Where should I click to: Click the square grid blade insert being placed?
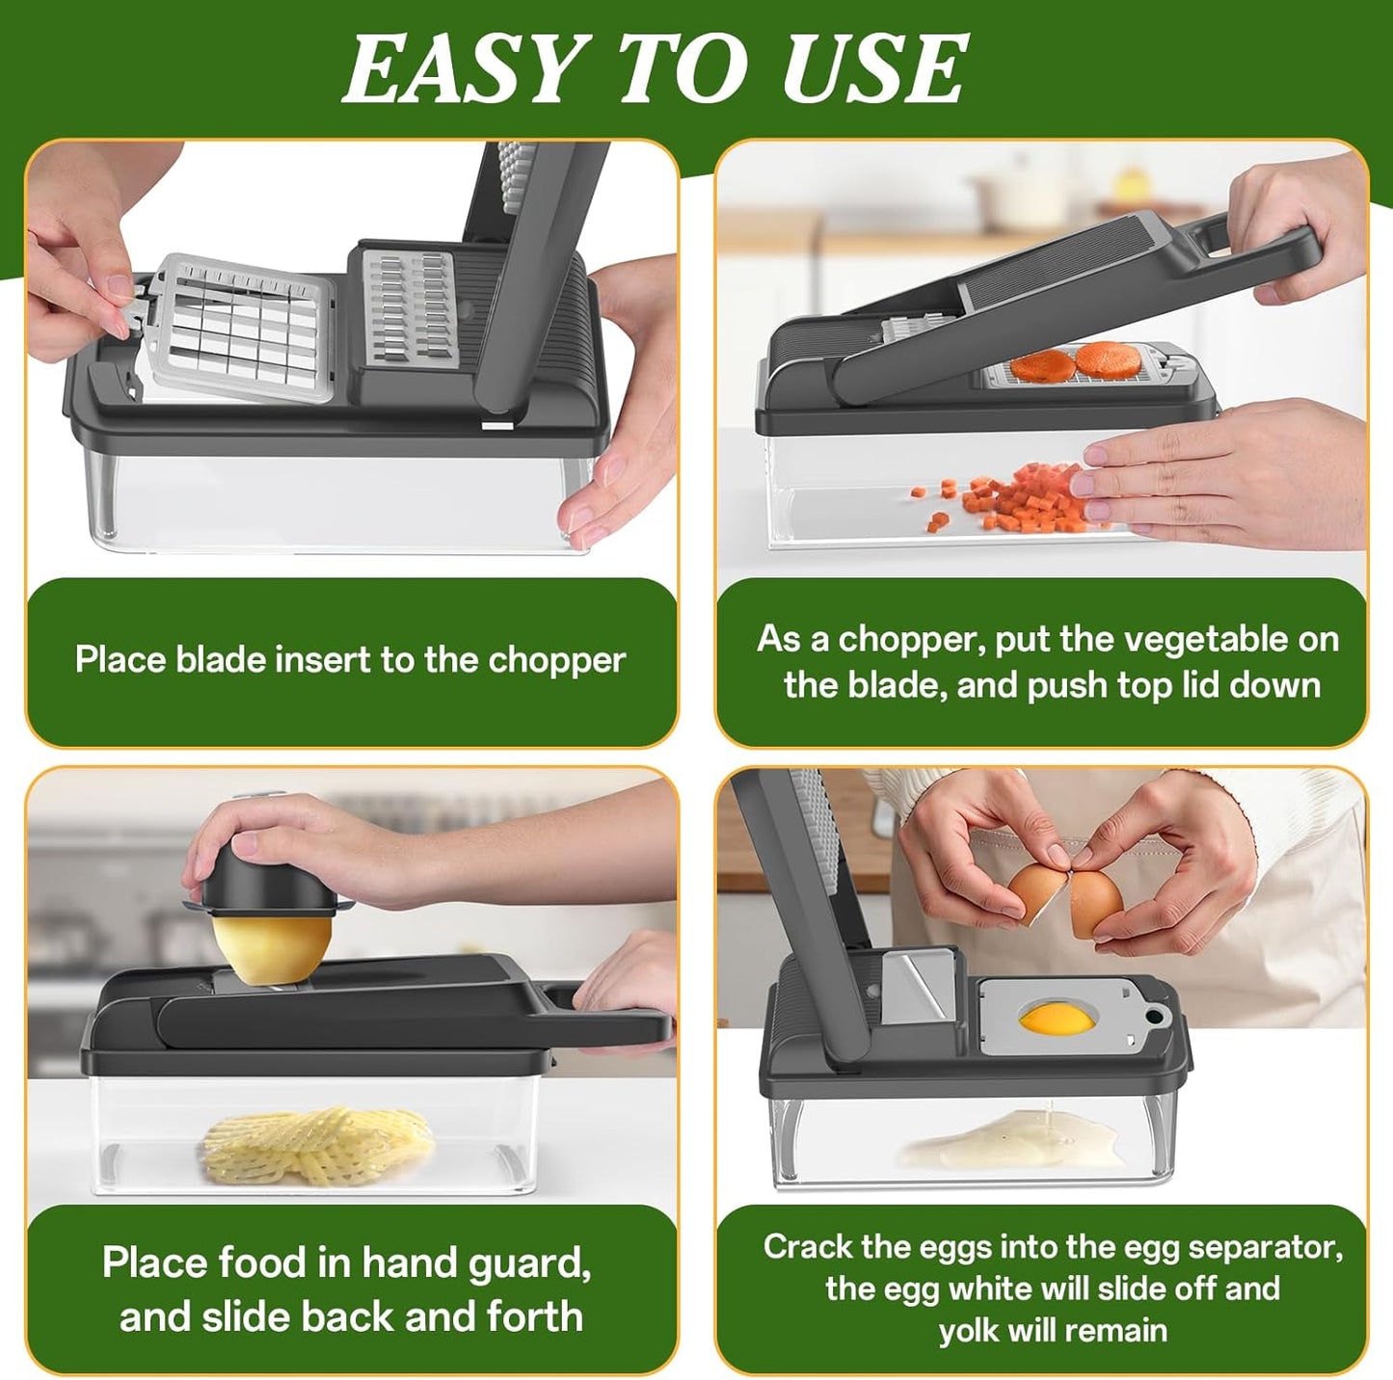coord(246,328)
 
